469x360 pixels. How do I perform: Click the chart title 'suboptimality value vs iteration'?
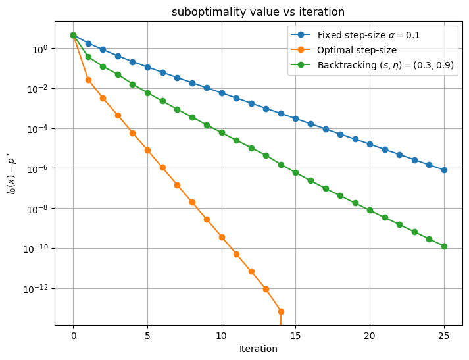click(x=258, y=12)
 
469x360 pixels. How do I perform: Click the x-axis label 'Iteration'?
click(x=258, y=349)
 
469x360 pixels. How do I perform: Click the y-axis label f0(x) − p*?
click(x=11, y=173)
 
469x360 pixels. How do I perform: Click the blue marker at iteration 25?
click(x=444, y=170)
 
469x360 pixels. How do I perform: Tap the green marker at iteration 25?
click(x=444, y=246)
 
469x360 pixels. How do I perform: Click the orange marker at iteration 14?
click(x=281, y=311)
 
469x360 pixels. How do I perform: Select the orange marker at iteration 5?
click(x=147, y=150)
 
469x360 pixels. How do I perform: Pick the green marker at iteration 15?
click(x=295, y=172)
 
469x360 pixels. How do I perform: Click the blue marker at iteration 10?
click(x=222, y=93)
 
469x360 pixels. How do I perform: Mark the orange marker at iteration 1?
click(x=88, y=80)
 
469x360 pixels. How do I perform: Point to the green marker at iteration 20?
click(x=370, y=210)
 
